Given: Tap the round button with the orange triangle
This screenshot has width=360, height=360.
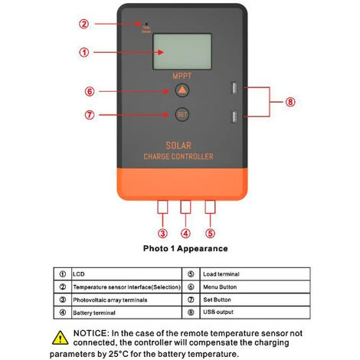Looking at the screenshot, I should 182,90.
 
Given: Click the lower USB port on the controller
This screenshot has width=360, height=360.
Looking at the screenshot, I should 231,116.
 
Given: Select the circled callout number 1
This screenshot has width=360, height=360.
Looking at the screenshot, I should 85,53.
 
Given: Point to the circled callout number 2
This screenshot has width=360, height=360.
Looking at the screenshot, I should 84,23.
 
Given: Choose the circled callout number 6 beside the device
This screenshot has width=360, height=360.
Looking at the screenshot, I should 90,91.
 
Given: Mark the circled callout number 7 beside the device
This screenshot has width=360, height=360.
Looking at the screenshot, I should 90,116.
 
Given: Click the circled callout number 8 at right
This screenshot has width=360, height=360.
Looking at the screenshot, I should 290,101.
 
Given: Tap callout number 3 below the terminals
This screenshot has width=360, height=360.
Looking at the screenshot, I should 162,233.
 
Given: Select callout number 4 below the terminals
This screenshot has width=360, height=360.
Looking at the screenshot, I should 186,233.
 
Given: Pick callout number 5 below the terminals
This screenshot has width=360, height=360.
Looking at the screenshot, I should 210,233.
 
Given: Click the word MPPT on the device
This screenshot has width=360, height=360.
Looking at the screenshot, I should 182,76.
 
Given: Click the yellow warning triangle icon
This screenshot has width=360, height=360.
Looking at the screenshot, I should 61,336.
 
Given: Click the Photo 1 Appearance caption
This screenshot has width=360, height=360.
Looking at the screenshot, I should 185,249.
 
